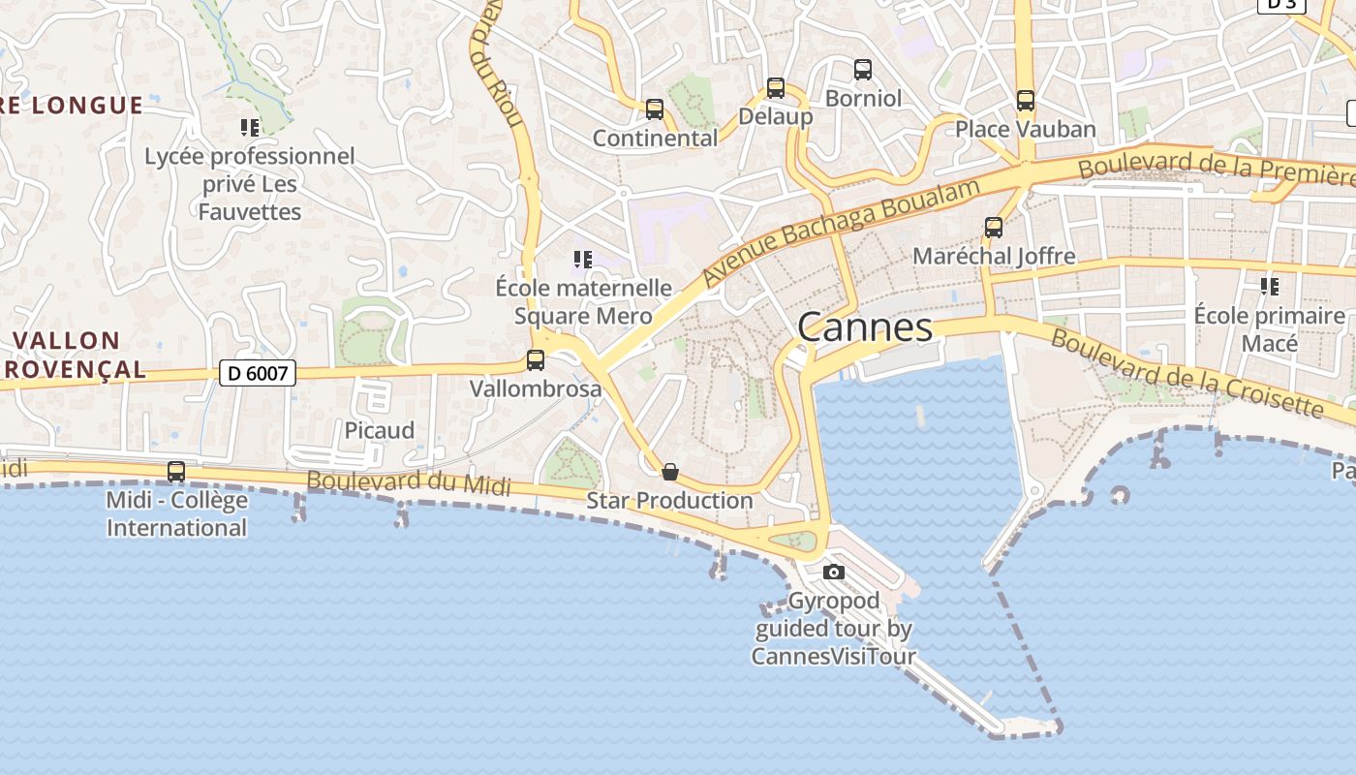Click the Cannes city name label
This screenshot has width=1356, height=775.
point(865,327)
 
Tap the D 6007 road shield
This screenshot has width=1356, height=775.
point(257,372)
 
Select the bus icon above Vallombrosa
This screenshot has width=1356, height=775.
point(535,360)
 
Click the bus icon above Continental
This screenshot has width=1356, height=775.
point(655,109)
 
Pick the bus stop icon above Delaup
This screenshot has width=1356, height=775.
point(775,88)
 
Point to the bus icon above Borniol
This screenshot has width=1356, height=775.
point(862,70)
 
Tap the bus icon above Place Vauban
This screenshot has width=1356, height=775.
point(1025,101)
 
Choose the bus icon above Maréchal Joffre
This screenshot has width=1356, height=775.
point(993,228)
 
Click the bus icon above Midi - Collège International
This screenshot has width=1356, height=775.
point(176,472)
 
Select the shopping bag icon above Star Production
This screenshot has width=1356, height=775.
point(669,472)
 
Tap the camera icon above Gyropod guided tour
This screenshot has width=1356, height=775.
point(833,572)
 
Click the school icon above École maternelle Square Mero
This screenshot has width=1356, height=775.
point(582,259)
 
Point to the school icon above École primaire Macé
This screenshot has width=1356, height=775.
point(1269,286)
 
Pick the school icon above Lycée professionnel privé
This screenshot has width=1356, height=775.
point(250,127)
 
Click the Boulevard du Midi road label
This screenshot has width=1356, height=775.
point(409,481)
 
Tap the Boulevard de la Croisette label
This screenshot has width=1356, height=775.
point(1186,373)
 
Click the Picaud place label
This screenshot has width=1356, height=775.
point(380,430)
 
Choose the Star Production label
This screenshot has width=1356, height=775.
point(669,501)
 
